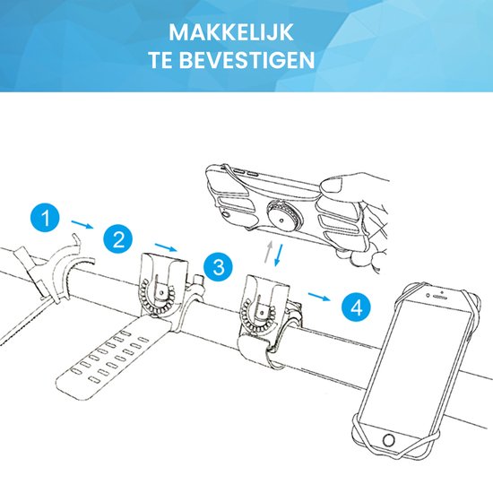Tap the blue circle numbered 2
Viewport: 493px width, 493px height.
tap(117, 239)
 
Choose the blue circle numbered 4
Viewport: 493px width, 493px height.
tap(356, 308)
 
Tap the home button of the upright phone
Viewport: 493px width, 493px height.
tap(388, 441)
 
